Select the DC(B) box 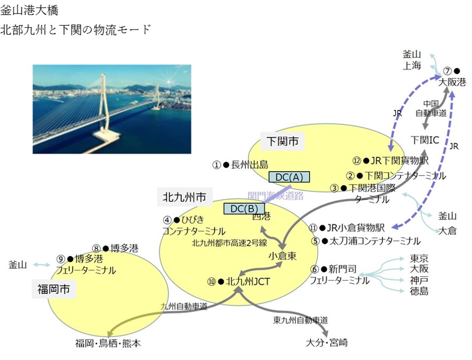[x=244, y=209]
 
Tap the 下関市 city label [x=282, y=142]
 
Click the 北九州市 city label [x=185, y=197]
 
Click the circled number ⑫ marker [x=357, y=160]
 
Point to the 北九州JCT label [x=248, y=281]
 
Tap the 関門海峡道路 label [x=276, y=196]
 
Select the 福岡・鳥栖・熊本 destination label [x=108, y=344]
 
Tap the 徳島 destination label [x=419, y=291]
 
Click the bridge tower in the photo [x=102, y=102]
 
